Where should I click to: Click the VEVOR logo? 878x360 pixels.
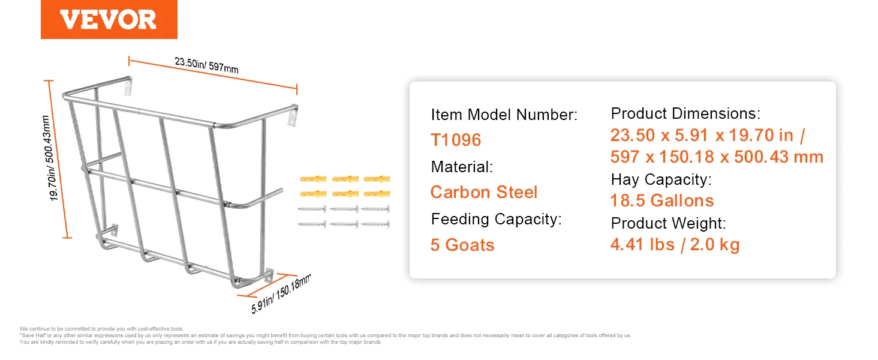tap(109, 19)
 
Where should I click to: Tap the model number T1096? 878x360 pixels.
tap(456, 140)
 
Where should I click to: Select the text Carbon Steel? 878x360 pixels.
tap(484, 192)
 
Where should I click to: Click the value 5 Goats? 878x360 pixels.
tap(462, 245)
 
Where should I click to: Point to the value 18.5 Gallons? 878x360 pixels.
tap(662, 200)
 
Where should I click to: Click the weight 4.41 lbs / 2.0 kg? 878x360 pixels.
tap(675, 244)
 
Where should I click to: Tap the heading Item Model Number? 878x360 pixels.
tap(504, 115)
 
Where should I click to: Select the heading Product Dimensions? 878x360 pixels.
tap(685, 113)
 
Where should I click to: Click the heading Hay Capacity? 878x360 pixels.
tap(661, 179)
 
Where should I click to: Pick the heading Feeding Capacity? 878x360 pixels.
tap(496, 219)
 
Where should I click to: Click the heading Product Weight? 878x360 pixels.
tap(668, 223)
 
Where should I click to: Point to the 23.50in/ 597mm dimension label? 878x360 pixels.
tap(206, 65)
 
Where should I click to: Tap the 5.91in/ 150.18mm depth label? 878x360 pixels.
tap(281, 293)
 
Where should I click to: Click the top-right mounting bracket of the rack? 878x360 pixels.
tap(293, 116)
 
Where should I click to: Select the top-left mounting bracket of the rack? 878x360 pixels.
tap(128, 86)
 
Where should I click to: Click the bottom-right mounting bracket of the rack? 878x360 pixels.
tap(269, 275)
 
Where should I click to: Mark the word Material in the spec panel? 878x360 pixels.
tap(462, 167)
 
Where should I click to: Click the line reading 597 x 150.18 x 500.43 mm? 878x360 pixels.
tap(717, 157)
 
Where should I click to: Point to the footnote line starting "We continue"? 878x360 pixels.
tap(101, 329)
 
